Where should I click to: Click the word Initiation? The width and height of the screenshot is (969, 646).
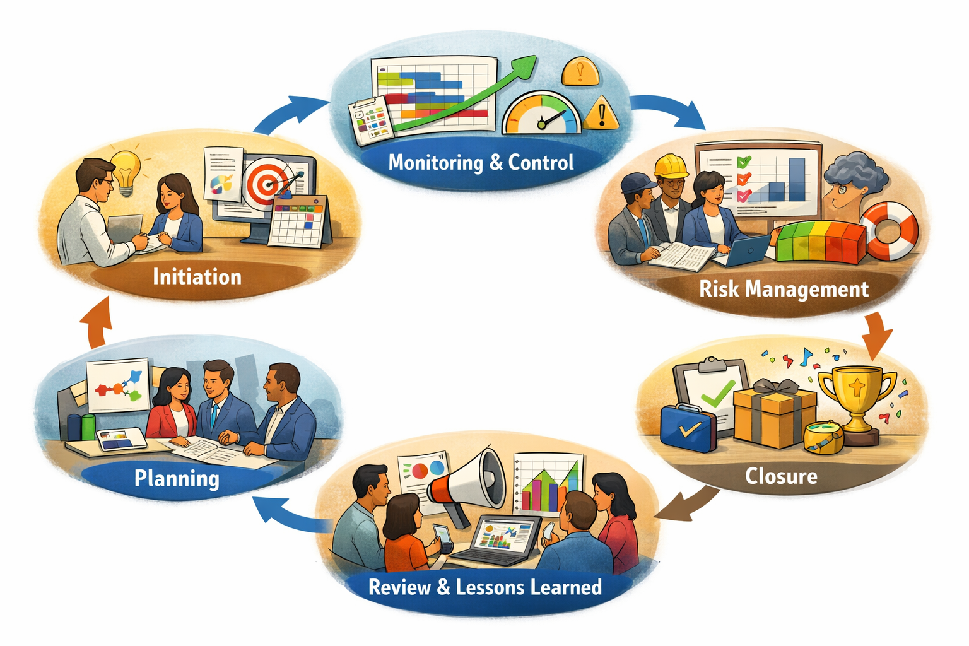[197, 277]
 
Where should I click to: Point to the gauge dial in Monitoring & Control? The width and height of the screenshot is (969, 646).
[542, 114]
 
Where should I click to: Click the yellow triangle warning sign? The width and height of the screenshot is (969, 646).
[601, 114]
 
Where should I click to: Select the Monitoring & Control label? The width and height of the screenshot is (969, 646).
[481, 163]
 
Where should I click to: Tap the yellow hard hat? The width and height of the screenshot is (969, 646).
[671, 166]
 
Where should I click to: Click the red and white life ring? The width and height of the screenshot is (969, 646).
[888, 231]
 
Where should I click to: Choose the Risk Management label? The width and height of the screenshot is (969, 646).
[784, 289]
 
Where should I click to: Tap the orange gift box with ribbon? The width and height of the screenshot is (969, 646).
[774, 413]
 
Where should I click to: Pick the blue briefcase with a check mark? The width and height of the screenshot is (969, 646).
[688, 428]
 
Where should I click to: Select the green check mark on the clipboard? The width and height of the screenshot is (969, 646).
[719, 393]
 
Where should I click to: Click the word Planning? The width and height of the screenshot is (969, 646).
[177, 479]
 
